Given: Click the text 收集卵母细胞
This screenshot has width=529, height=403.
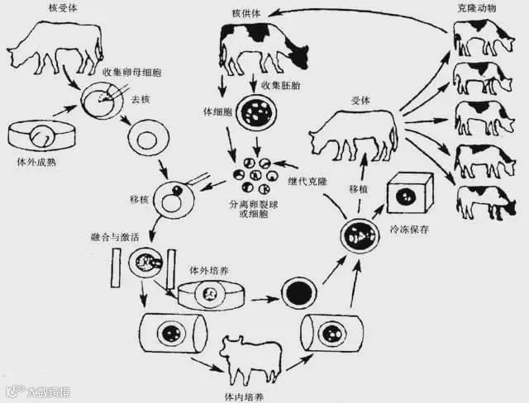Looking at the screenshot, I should coord(131,73).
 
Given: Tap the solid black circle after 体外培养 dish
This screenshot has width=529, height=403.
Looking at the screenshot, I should coord(295,292).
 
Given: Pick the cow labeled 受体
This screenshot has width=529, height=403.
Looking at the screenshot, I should coord(353,132).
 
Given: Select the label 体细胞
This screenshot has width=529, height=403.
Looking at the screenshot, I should coord(214,110).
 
